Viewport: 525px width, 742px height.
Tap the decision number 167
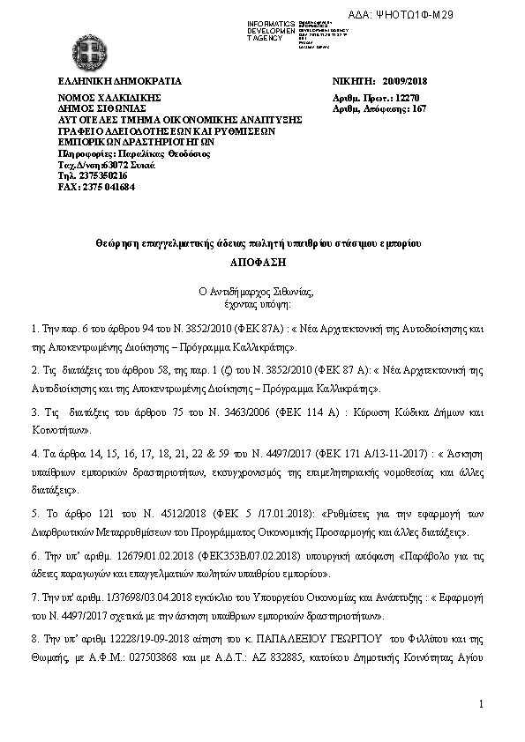(419, 108)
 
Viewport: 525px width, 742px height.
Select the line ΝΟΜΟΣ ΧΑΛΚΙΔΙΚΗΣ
(106, 99)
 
